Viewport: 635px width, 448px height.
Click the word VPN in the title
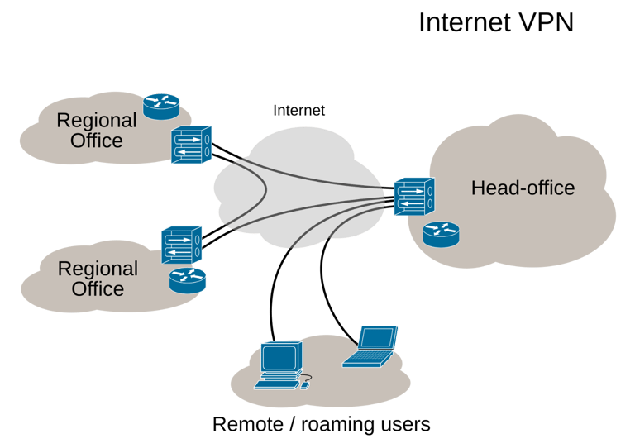click(x=547, y=22)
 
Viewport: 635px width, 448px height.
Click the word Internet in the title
click(x=465, y=22)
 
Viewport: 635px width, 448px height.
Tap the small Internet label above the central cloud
click(x=299, y=110)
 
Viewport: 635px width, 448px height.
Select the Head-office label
click(x=523, y=188)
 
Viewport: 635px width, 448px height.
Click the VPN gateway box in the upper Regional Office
click(x=191, y=145)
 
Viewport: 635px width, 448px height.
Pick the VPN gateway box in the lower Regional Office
click(x=182, y=245)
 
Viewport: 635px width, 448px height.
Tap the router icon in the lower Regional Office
click(x=187, y=280)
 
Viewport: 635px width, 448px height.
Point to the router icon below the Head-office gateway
click(x=440, y=234)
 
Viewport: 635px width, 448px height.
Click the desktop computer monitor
click(x=279, y=358)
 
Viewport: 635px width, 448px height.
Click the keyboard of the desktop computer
click(x=275, y=384)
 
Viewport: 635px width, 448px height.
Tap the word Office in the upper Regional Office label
click(x=97, y=141)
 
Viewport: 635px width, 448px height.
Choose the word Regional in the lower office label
click(x=98, y=269)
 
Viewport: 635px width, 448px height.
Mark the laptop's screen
click(x=379, y=337)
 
